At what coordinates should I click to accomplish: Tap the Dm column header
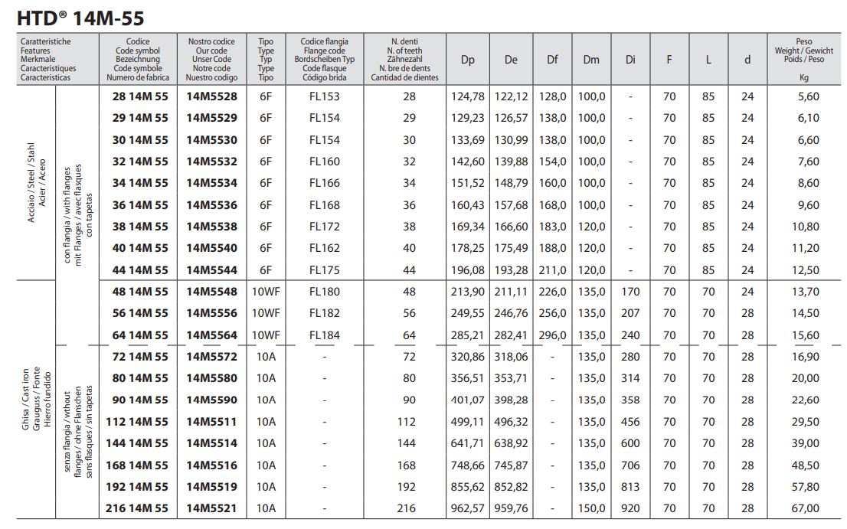coord(590,60)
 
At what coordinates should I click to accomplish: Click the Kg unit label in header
coord(804,77)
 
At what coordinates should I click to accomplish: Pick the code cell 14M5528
coord(211,96)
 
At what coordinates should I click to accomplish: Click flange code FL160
coord(324,162)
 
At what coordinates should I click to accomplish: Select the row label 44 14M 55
coord(135,270)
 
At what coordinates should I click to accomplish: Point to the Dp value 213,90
coord(468,292)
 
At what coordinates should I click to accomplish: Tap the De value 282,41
coord(511,335)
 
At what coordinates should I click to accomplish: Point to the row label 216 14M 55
coord(135,508)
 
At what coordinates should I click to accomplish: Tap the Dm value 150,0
coord(591,508)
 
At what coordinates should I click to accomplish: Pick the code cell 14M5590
coord(211,400)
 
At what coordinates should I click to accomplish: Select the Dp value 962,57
coord(468,508)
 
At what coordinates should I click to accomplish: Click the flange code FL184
coord(324,335)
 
